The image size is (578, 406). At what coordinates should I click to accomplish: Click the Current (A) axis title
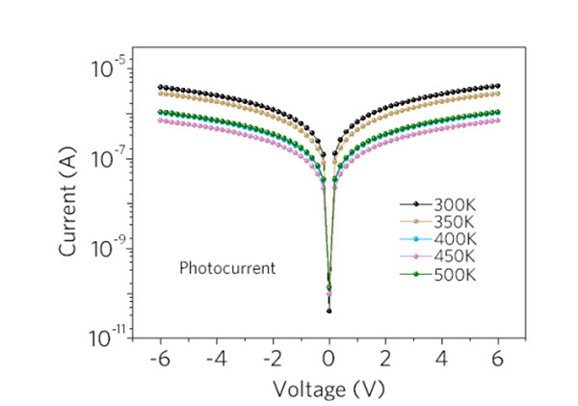point(69,199)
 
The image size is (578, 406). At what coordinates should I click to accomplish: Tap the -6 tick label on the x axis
point(156,359)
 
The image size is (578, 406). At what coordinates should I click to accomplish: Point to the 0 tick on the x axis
point(329,359)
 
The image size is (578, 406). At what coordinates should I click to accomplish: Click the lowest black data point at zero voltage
point(329,311)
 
